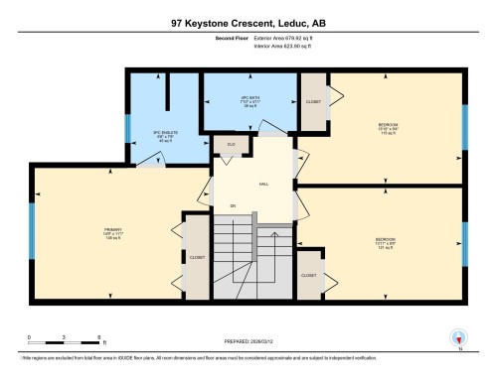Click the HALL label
pos(264,185)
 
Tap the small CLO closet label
pos(231,144)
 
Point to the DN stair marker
pos(234,206)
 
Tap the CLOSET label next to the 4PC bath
pos(313,101)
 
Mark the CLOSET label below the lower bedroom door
pos(309,275)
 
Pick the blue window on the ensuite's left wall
pos(126,130)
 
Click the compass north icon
pos(458,338)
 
